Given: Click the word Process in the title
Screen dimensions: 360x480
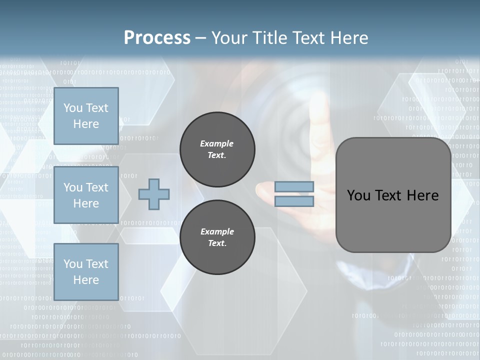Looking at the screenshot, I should point(157,38).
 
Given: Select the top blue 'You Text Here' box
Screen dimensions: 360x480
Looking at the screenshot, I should point(86,116).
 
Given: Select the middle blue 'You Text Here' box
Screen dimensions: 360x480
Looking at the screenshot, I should point(86,195).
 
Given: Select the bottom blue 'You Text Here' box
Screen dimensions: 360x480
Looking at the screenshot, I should point(86,271).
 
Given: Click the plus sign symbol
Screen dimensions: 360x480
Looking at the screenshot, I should point(154,194).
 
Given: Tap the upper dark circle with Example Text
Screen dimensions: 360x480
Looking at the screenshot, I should point(217,149).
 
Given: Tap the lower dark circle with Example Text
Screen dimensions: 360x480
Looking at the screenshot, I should point(217,237).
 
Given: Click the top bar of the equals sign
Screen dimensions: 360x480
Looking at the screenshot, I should point(294,187).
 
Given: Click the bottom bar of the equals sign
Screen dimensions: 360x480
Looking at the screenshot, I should point(294,201).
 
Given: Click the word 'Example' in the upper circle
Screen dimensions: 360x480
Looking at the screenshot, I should point(217,143).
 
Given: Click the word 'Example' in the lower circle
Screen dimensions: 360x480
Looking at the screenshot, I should point(217,231).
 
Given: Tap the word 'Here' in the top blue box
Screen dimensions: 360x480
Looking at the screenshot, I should point(86,124).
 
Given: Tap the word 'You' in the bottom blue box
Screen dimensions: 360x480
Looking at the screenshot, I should point(73,264).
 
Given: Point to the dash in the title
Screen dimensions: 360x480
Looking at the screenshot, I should point(201,38).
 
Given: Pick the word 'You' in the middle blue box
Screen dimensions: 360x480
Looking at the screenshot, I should point(73,187).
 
